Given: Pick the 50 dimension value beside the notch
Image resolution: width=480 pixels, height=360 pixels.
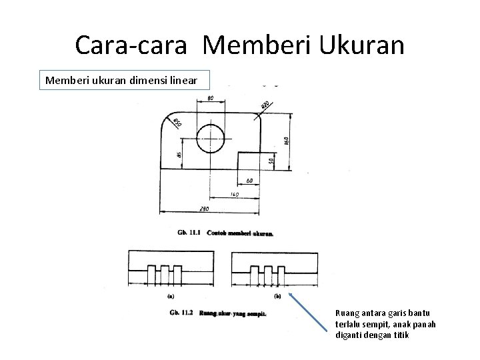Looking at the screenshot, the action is click(271, 161).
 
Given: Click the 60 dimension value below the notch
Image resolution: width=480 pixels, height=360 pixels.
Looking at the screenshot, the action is click(248, 181).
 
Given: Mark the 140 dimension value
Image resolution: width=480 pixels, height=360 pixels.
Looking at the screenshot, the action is click(234, 194).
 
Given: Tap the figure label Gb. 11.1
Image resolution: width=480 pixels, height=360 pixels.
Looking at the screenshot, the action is click(190, 233).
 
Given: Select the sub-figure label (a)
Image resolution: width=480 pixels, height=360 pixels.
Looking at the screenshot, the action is click(171, 295).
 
